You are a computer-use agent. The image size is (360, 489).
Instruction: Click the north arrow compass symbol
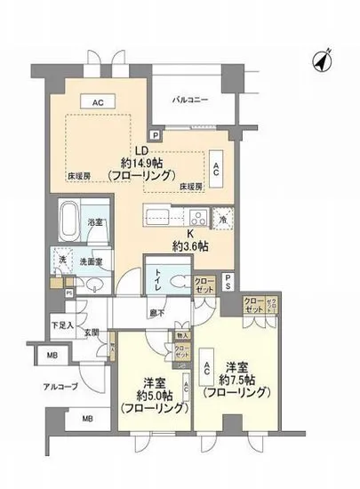tap(321, 60)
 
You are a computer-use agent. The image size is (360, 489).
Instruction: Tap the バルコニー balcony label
tap(192, 100)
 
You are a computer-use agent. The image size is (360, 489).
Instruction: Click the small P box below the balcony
tap(156, 134)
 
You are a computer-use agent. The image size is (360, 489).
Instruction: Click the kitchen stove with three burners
tap(196, 216)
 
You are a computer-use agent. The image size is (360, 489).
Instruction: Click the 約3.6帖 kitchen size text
tap(191, 245)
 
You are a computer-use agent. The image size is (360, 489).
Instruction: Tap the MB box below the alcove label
tap(87, 419)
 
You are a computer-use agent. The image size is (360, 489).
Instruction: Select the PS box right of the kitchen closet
tap(228, 282)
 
